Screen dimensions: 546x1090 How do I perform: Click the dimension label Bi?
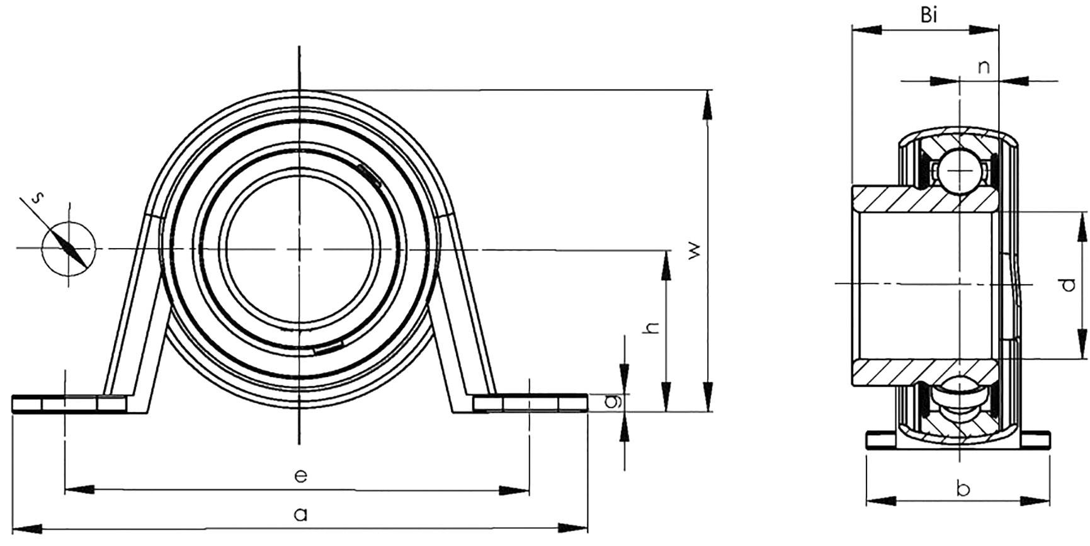(929, 15)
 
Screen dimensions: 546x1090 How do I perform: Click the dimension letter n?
(984, 67)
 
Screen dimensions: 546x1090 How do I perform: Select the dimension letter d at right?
(1068, 285)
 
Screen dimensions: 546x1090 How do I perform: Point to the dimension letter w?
(693, 250)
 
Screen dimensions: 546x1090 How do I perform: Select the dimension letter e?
(301, 475)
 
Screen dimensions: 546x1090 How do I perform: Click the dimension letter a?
(301, 515)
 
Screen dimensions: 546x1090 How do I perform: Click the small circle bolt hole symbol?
(69, 249)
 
